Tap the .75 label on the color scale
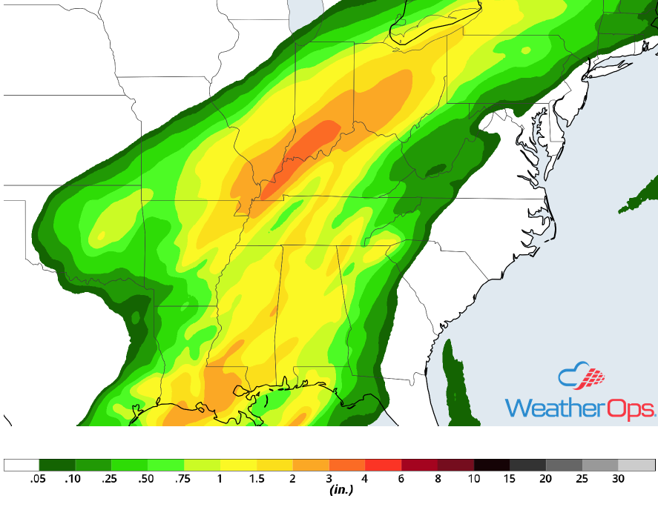tap(184, 480)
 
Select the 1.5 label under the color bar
tap(256, 480)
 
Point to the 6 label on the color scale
tap(401, 480)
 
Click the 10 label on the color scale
tap(473, 480)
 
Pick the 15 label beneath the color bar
tap(510, 480)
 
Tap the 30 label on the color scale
tap(618, 480)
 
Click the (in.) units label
tap(340, 490)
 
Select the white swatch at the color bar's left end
tap(22, 466)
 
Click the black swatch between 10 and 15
tap(491, 466)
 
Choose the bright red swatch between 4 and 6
tap(383, 466)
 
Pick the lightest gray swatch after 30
tap(636, 466)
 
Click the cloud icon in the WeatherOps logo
tap(582, 377)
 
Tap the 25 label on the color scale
tap(582, 480)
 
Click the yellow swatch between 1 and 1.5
tap(238, 466)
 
